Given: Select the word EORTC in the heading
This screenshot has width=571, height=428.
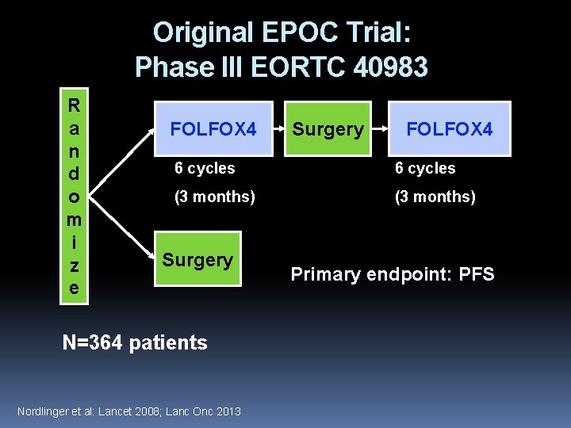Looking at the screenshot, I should (x=290, y=67).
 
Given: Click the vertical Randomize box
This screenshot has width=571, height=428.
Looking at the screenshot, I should (x=74, y=197).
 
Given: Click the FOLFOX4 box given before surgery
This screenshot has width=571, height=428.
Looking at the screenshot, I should (x=213, y=128).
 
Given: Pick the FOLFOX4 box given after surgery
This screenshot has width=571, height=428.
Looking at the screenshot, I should (x=450, y=128).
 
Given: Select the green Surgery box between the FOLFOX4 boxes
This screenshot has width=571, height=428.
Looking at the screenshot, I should (x=328, y=128).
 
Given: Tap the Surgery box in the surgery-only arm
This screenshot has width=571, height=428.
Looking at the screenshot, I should (x=197, y=259).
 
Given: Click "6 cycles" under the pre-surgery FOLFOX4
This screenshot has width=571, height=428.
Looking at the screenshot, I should (x=205, y=168).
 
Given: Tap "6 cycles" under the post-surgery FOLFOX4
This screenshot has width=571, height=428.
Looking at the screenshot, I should (x=426, y=168).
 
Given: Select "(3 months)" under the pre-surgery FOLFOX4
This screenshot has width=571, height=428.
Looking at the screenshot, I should (x=215, y=197).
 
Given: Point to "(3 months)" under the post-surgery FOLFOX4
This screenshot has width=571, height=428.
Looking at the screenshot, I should (x=435, y=197).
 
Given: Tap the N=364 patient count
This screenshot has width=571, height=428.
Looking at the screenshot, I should (x=134, y=342).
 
